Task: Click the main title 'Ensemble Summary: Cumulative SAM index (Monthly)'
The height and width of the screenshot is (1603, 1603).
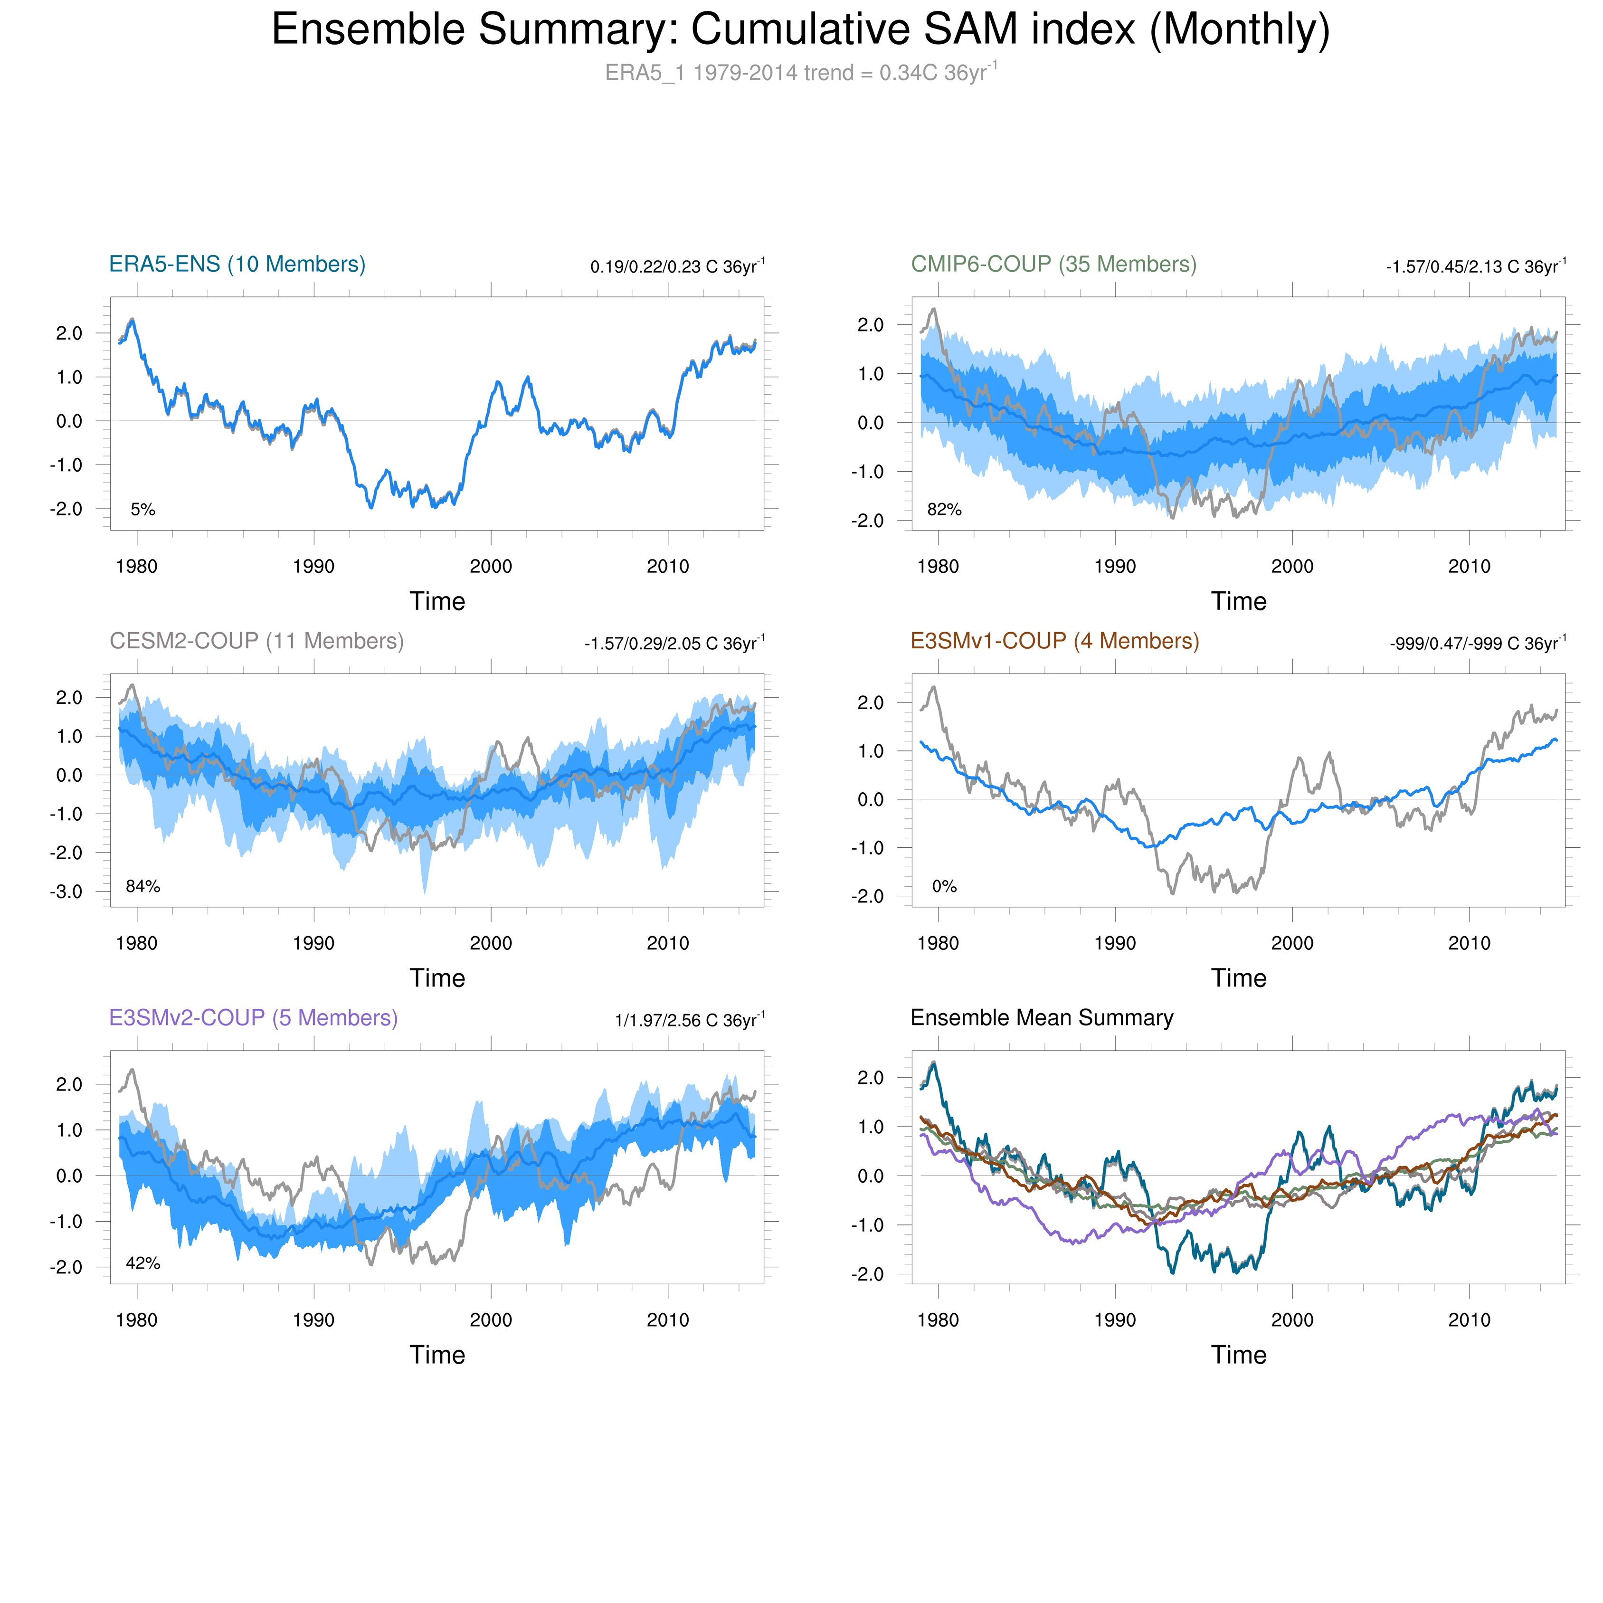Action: pos(801,31)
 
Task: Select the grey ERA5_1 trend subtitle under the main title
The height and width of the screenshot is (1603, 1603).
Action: pos(801,73)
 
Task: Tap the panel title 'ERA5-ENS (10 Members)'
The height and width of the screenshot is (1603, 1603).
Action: pos(237,264)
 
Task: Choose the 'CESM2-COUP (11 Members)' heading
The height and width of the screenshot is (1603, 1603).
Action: pos(256,641)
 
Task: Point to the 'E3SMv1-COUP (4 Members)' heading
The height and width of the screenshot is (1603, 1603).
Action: pos(1054,641)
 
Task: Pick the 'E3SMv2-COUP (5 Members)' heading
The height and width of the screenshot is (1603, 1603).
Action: pos(253,1017)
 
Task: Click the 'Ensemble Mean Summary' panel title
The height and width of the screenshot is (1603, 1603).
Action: pos(1041,1017)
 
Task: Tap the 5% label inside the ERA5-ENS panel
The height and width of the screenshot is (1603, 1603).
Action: pos(142,510)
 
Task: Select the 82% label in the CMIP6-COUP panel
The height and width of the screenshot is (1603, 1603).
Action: pos(944,510)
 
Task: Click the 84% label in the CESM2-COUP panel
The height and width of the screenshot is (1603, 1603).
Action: pos(142,886)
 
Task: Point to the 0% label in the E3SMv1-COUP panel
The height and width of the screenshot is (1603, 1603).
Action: pos(944,886)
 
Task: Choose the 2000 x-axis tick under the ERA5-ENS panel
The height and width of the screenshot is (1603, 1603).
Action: pos(491,567)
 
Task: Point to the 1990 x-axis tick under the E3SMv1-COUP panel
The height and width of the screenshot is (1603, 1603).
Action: pos(1115,943)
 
